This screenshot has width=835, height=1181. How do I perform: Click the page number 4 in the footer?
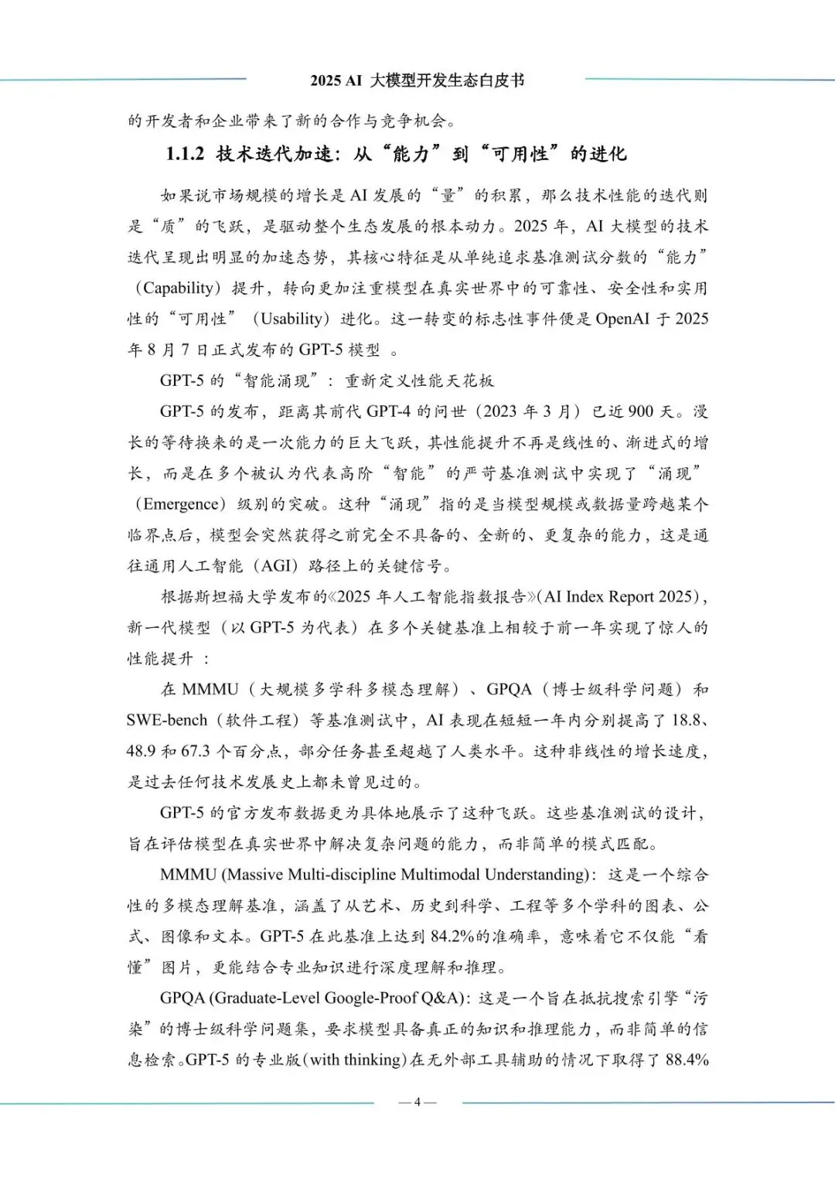click(x=417, y=1102)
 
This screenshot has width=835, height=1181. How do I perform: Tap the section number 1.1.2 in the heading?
click(x=185, y=154)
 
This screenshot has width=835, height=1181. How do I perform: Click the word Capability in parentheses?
click(x=179, y=288)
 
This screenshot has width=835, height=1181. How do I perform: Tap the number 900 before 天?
click(x=640, y=411)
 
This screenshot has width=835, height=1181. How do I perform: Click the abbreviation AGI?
click(x=275, y=566)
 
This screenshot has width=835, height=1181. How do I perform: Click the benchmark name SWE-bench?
click(x=167, y=720)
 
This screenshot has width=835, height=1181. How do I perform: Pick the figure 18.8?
click(x=686, y=720)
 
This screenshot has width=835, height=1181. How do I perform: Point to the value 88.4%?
click(x=687, y=1060)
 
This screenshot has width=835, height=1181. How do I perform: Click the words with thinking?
click(x=356, y=1060)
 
